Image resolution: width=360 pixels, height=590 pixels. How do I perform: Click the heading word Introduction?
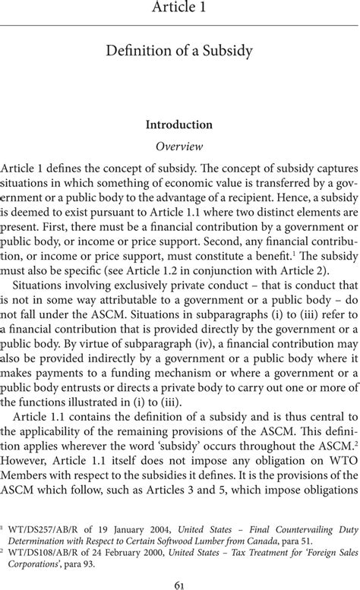click(180, 125)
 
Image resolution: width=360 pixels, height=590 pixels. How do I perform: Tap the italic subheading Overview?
click(180, 145)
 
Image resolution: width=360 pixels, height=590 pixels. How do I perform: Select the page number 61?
click(180, 581)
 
